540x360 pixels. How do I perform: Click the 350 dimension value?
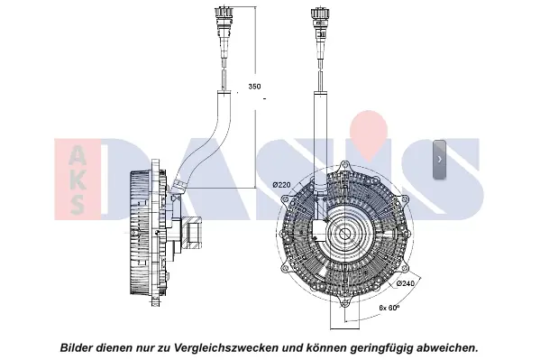(x=254, y=87)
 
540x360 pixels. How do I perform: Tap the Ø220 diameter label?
(x=281, y=185)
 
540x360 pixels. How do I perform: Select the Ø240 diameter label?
(x=406, y=283)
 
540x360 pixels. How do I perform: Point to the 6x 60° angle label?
(x=389, y=308)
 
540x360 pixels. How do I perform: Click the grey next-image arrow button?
(x=439, y=160)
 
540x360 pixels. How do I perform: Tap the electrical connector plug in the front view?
(x=320, y=23)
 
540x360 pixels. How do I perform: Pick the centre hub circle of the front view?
(x=343, y=235)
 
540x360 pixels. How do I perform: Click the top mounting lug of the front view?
(x=343, y=166)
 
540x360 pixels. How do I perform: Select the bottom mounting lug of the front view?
(x=344, y=303)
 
